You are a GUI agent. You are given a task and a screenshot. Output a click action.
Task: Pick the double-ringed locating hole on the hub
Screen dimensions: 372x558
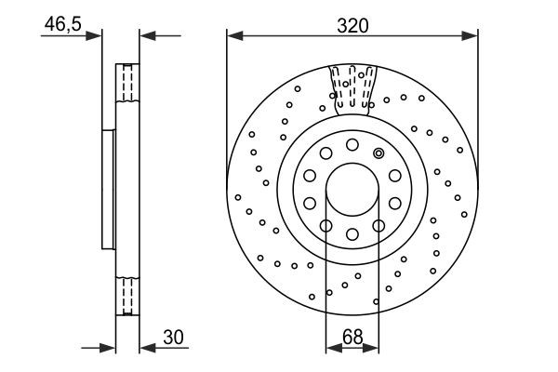point(379,153)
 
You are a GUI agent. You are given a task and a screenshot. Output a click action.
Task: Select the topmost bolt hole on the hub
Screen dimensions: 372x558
point(352,143)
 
